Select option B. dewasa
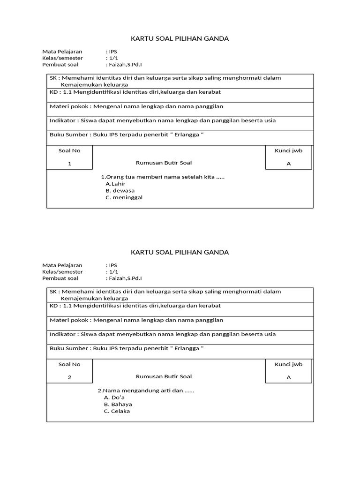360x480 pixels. tap(120, 191)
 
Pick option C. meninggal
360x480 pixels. tap(124, 197)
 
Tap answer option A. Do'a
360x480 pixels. tap(114, 397)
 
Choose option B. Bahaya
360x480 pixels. tap(118, 404)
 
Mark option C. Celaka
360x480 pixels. tap(117, 411)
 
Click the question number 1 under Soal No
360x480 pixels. tap(69, 164)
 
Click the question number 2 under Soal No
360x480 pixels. tap(69, 377)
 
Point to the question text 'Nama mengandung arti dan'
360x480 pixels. tap(146, 390)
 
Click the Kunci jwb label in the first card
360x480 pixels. tap(288, 150)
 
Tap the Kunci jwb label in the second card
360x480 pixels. tap(288, 364)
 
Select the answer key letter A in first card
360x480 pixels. tap(288, 164)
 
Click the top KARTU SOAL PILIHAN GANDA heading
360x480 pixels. tap(180, 38)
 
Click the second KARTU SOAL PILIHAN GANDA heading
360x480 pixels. tap(180, 252)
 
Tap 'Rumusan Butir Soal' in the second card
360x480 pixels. tap(164, 376)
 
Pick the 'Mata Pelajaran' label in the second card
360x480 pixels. tap(62, 265)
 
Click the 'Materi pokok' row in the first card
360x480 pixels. tap(136, 106)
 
